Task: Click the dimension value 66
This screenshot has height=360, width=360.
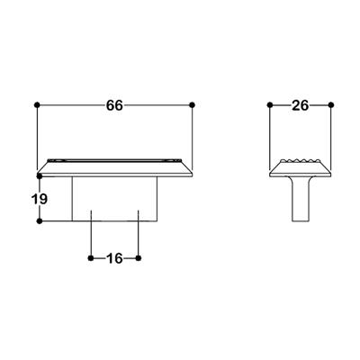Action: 114,106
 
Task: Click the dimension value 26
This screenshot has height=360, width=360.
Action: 301,106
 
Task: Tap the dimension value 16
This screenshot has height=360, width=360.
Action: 114,259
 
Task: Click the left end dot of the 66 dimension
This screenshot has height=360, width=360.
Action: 37,106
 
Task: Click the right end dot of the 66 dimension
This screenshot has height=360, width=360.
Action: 193,106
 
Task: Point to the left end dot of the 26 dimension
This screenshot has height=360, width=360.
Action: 271,106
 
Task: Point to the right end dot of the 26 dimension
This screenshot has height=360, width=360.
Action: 331,106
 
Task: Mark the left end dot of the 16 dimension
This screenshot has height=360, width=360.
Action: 92,258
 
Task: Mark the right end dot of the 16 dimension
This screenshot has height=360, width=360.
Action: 139,258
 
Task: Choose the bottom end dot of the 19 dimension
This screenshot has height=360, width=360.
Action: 37,221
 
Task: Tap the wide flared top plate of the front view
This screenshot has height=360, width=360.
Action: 115,168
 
